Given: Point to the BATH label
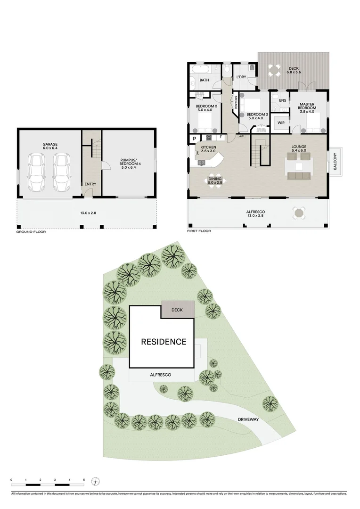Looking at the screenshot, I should coord(204,80).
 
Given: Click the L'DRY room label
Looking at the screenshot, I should coord(241,77).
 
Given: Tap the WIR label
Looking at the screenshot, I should coord(281,123).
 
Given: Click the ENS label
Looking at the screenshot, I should coord(282,101).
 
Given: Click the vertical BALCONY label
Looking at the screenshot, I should coord(335,161).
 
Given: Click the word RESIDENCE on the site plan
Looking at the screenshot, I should coord(164,342).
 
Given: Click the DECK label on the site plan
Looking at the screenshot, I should coord(177,310).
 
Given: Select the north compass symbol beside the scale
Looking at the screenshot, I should coord(96,481).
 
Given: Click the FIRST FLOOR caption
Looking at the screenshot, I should coord(199,231).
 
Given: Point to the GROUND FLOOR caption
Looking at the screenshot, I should coord(31,232).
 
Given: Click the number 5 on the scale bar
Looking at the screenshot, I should coord(84,479).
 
